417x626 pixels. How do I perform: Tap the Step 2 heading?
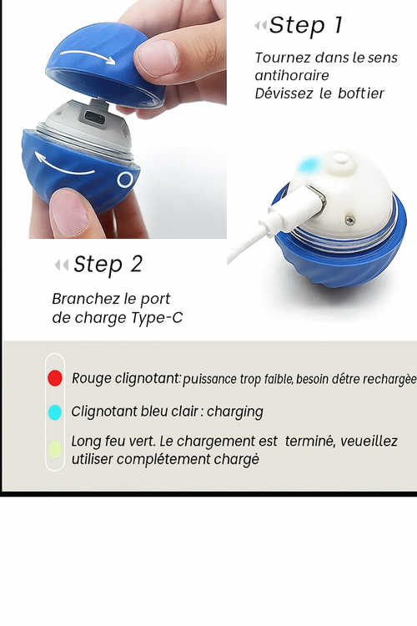(x=108, y=265)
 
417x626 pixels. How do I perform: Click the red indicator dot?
(x=55, y=378)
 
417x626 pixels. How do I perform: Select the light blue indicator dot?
(x=55, y=411)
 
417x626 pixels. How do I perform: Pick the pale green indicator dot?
(x=55, y=450)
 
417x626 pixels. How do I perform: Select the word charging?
(x=235, y=411)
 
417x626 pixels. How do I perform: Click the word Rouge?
(x=92, y=378)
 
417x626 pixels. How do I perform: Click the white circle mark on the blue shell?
(x=126, y=179)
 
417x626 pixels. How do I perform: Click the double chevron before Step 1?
(x=260, y=27)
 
